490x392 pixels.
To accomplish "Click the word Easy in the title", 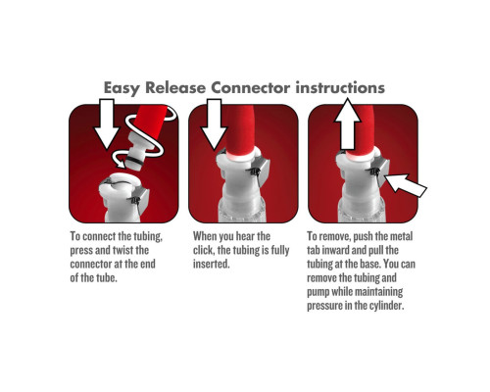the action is (122, 88).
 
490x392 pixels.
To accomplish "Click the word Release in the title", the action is (175, 87).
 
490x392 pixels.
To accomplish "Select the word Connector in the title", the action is (250, 87).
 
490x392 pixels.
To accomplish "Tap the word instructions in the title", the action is (340, 87).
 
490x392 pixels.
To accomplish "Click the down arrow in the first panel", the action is (107, 124).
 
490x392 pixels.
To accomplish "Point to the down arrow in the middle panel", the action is (214, 124).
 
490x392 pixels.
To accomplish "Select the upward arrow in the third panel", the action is (347, 124).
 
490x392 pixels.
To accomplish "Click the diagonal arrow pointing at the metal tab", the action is (406, 184).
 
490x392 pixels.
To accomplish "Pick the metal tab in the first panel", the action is (141, 200).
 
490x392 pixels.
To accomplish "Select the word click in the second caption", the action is (203, 250).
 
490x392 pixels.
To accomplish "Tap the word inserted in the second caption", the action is (212, 264).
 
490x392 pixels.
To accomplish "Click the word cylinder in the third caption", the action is (387, 306).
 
